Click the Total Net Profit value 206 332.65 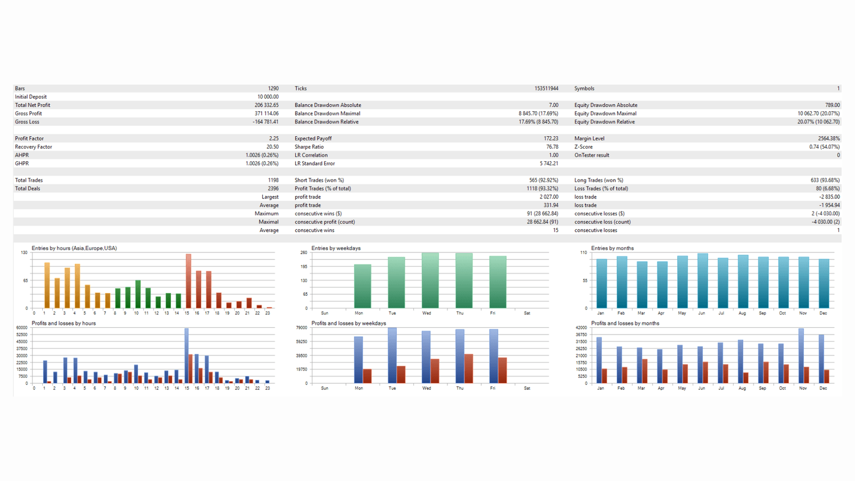pyautogui.click(x=266, y=105)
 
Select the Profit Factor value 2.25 pyautogui.click(x=274, y=138)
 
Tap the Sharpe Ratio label pyautogui.click(x=309, y=147)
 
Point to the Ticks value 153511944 pyautogui.click(x=546, y=88)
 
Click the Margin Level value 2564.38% pyautogui.click(x=828, y=138)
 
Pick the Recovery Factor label pyautogui.click(x=34, y=147)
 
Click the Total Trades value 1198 pyautogui.click(x=273, y=180)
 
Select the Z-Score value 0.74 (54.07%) pyautogui.click(x=824, y=147)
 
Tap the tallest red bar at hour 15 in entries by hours pyautogui.click(x=188, y=281)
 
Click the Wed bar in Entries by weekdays pyautogui.click(x=430, y=280)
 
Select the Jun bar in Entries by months pyautogui.click(x=702, y=281)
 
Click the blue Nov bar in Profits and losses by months pyautogui.click(x=801, y=356)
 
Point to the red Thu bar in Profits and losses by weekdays pyautogui.click(x=469, y=368)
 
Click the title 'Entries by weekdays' pyautogui.click(x=336, y=248)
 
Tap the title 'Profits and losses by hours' pyautogui.click(x=63, y=323)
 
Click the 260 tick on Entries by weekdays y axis pyautogui.click(x=303, y=252)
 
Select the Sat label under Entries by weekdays pyautogui.click(x=527, y=313)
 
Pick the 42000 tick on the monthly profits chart pyautogui.click(x=581, y=328)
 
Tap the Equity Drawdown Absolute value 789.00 pyautogui.click(x=832, y=105)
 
